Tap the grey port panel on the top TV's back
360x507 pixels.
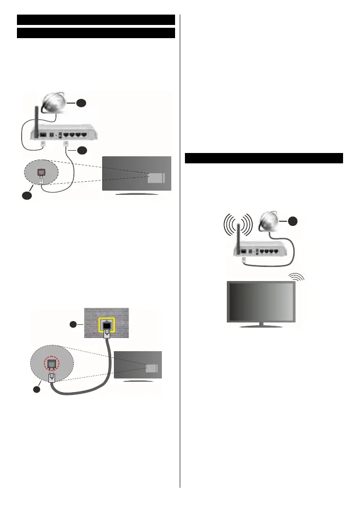pyautogui.click(x=156, y=178)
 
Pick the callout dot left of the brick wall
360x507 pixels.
pyautogui.click(x=73, y=324)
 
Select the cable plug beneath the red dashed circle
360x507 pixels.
pyautogui.click(x=53, y=379)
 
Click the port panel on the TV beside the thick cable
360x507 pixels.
pyautogui.click(x=152, y=368)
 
